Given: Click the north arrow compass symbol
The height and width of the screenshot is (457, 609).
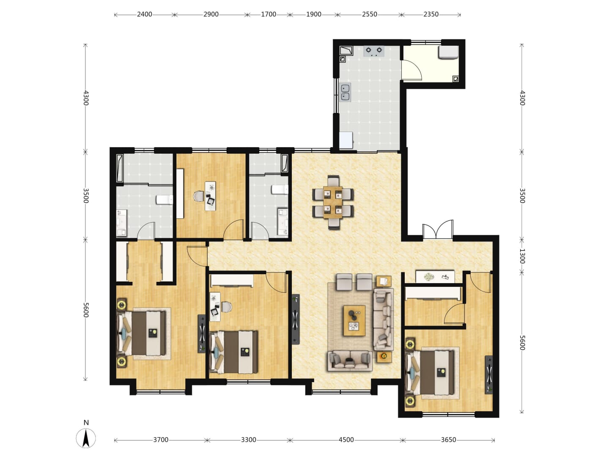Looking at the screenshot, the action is [x=86, y=438].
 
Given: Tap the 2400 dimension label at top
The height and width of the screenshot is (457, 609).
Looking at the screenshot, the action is [x=144, y=14].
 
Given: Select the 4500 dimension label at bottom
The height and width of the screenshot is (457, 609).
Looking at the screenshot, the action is [x=346, y=440].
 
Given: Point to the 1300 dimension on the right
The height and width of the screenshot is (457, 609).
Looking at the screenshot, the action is [x=521, y=256].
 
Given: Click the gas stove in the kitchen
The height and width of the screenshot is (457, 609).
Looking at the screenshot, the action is [x=374, y=51].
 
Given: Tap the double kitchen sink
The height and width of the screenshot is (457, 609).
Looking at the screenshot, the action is [x=345, y=92].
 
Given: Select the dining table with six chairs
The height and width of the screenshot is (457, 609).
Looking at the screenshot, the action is [x=333, y=202].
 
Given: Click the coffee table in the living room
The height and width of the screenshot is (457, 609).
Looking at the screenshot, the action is [x=354, y=320].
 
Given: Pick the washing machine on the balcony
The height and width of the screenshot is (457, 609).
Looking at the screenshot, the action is [x=448, y=52].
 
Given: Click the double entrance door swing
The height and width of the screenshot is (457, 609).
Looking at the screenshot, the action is [x=438, y=229].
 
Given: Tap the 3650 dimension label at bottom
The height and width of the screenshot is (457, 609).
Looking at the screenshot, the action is [x=448, y=440].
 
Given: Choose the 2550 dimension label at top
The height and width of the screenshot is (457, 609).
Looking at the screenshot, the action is [x=369, y=14].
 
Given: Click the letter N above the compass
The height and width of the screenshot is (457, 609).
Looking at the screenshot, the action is [x=86, y=423].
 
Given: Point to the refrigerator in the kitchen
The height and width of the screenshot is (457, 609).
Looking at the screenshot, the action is [x=346, y=140].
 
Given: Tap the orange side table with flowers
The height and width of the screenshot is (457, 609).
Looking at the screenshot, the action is [x=384, y=357].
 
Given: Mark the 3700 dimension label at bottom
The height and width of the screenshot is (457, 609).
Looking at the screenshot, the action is [x=161, y=440].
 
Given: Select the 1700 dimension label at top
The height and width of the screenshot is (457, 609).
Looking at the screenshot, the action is [x=268, y=14].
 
